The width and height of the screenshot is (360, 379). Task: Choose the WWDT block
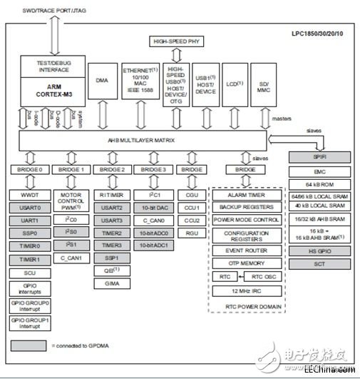pyautogui.click(x=28, y=194)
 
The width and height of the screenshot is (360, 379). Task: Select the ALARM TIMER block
pyautogui.click(x=247, y=194)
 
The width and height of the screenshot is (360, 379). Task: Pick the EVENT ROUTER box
pyautogui.click(x=247, y=251)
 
